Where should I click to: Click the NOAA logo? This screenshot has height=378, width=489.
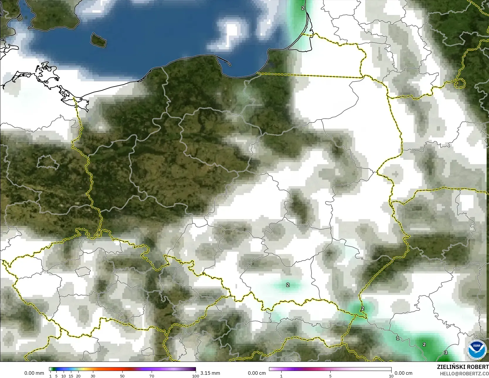476,349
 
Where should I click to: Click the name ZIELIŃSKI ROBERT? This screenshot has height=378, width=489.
463,367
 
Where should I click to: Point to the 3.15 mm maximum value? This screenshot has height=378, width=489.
210,373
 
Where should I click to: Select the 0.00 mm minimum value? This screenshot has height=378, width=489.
34,373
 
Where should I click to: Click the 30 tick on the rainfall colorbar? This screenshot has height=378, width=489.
93,376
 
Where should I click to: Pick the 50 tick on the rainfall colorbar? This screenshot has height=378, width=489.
122,376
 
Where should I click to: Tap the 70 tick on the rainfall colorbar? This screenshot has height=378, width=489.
152,376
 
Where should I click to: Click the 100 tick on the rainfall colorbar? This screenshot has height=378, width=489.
195,376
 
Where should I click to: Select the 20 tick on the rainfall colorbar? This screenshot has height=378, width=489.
78,376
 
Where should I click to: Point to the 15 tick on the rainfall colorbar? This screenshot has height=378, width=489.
71,376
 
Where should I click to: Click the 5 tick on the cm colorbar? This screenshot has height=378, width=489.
330,376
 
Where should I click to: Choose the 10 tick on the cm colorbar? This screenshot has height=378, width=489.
391,376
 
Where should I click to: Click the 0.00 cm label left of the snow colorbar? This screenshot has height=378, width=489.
257,373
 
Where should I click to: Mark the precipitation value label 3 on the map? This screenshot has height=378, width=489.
446,352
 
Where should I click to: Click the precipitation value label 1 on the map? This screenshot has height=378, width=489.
397,338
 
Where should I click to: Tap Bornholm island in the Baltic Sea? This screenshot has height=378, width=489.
98,40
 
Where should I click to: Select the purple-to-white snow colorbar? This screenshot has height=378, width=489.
330,369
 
